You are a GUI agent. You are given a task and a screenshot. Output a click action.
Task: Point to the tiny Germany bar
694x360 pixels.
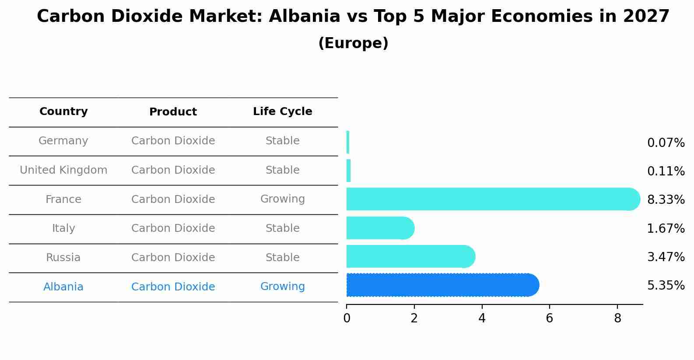point(348,142)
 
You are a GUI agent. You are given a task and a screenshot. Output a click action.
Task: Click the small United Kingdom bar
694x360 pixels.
point(349,171)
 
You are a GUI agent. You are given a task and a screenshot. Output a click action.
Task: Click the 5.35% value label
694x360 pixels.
point(666,286)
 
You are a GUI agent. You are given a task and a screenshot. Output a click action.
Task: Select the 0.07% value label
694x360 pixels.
point(666,143)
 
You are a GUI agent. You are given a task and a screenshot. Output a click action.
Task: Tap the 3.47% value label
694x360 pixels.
point(666,257)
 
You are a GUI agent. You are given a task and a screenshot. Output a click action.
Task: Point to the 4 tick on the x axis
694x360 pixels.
point(482,318)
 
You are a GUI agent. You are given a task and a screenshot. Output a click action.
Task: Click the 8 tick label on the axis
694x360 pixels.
point(617,318)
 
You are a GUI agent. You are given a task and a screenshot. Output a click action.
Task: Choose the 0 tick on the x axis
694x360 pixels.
point(347,318)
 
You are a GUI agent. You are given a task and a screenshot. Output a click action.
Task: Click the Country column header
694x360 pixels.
point(63,112)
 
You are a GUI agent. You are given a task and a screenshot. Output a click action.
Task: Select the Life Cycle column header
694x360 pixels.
point(282,112)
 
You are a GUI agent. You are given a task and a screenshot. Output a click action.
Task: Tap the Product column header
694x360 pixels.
point(173,112)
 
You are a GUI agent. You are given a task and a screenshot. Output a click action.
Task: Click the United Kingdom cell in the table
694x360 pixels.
point(63,170)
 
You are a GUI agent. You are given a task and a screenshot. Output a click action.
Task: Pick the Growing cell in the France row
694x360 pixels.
point(282,199)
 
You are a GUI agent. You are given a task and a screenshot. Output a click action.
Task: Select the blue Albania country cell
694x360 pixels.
point(63,287)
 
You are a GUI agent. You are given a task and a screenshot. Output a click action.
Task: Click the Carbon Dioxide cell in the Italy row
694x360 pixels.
point(173,228)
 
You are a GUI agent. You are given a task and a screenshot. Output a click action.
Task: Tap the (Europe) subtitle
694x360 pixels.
point(353,43)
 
